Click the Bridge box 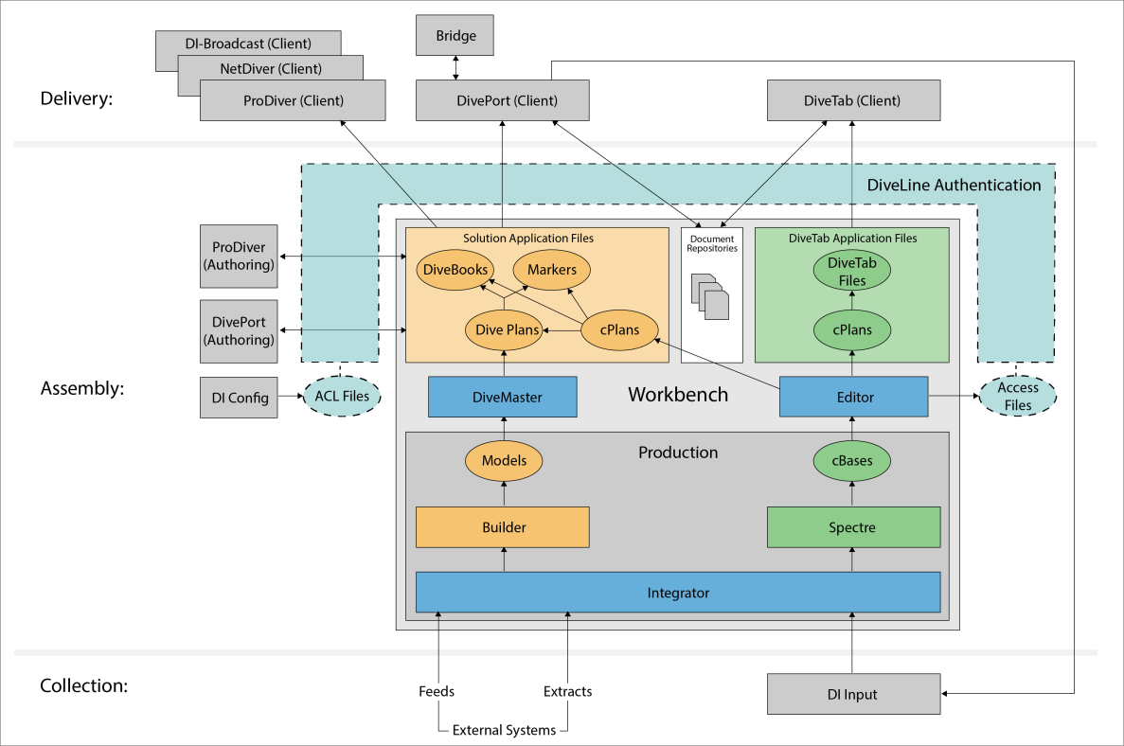point(455,36)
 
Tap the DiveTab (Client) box point(851,100)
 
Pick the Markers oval point(551,270)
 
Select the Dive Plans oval point(503,330)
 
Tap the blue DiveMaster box point(503,398)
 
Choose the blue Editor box point(852,398)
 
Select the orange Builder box point(503,527)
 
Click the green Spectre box point(852,527)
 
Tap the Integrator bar point(678,593)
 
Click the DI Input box point(852,694)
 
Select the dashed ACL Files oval point(341,397)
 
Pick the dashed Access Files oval point(1017,396)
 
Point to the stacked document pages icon point(710,297)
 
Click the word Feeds point(437,691)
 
